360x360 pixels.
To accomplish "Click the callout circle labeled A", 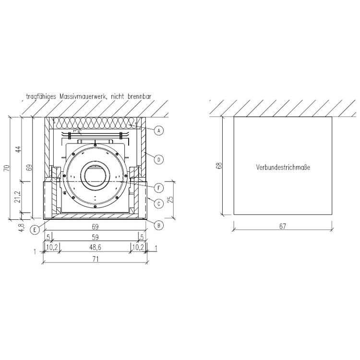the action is [159, 131].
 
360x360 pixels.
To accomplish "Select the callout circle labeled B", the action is [159, 225].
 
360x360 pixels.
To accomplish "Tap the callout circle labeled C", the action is [159, 204].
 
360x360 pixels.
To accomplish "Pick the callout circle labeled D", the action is [159, 159].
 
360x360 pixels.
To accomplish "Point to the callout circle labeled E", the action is [35, 229].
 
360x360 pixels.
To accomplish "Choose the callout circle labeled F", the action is [159, 188].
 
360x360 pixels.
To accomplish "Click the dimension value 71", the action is [96, 259].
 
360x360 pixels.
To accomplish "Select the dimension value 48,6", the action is [95, 247].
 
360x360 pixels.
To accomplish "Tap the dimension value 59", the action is [95, 237].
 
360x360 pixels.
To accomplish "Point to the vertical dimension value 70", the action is [7, 168].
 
